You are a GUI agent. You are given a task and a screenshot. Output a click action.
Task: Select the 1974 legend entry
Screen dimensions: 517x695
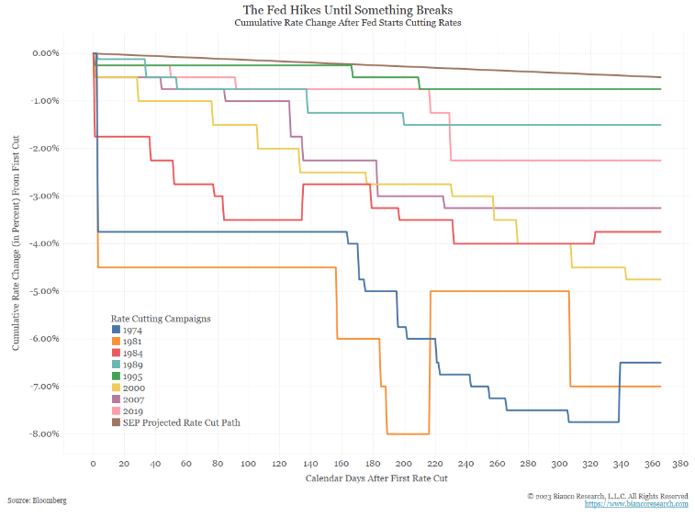(x=131, y=329)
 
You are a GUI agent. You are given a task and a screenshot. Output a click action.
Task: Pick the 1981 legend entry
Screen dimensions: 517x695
(x=131, y=341)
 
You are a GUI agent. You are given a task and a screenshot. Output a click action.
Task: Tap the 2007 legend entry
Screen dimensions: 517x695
(x=131, y=399)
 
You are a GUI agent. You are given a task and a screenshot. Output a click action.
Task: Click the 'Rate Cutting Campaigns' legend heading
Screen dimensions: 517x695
(x=162, y=318)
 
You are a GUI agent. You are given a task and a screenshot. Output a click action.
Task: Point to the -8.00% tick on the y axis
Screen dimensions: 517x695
(x=44, y=433)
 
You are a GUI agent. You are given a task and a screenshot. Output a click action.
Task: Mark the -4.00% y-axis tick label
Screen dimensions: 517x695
(x=44, y=243)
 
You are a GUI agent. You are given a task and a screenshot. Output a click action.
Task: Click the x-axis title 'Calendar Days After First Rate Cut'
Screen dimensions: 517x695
(x=376, y=478)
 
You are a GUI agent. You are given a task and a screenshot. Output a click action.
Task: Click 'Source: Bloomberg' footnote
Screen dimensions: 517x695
(x=36, y=500)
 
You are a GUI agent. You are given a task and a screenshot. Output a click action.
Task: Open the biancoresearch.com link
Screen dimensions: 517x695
(x=635, y=504)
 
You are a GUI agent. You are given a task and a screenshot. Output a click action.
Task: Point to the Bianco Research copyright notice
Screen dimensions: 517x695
(x=608, y=496)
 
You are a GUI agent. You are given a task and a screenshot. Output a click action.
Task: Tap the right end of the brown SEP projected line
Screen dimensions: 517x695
(x=660, y=77)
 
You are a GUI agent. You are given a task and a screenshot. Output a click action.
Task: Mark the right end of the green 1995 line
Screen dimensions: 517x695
(x=660, y=89)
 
